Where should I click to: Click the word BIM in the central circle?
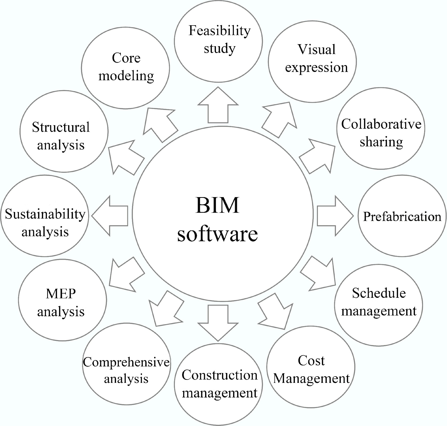[x=217, y=205]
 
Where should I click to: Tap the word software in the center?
[x=217, y=234]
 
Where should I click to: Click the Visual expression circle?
[x=312, y=61]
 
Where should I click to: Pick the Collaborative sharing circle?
[x=381, y=128]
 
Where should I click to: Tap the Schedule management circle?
[x=378, y=305]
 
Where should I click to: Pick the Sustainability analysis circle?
[x=45, y=216]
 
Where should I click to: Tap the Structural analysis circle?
[x=64, y=131]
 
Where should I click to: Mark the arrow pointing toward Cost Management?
[x=276, y=312]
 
